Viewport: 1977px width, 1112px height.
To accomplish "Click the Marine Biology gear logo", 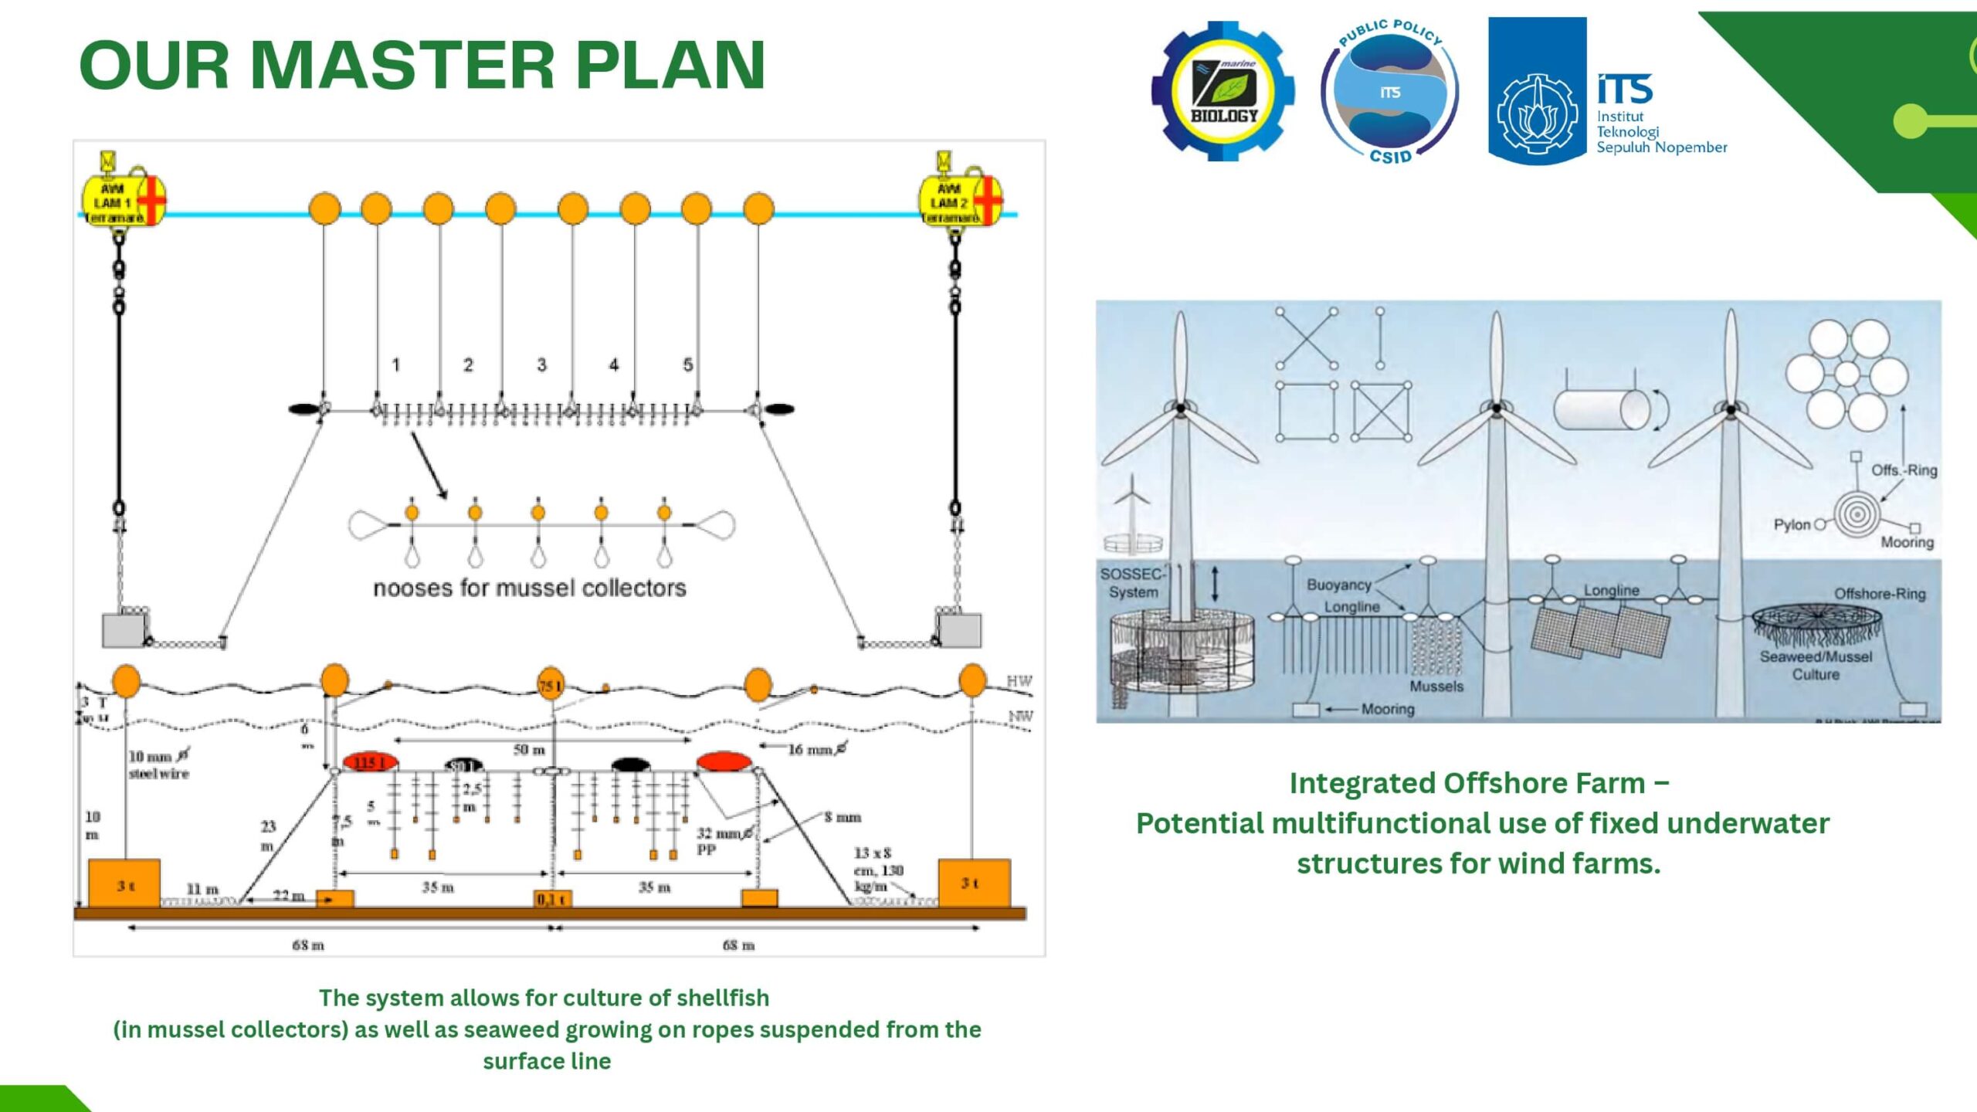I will [x=1223, y=91].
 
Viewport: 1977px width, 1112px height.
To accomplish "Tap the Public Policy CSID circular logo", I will [x=1390, y=91].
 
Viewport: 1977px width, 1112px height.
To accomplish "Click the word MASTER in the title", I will [x=402, y=65].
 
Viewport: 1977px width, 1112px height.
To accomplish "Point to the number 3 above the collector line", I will [x=541, y=364].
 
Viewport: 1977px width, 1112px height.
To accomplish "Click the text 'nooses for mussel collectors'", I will [x=529, y=588].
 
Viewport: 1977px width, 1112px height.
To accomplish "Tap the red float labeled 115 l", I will [x=371, y=762].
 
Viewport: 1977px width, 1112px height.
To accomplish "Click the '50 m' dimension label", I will [x=529, y=750].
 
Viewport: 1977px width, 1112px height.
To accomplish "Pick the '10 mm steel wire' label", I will [x=158, y=764].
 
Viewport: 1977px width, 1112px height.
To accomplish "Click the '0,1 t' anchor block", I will [x=552, y=899].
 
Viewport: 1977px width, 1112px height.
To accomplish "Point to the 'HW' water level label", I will [x=1019, y=681].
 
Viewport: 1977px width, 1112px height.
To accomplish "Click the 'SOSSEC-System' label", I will [x=1132, y=583].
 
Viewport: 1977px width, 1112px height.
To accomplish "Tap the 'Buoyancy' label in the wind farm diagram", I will [x=1338, y=585].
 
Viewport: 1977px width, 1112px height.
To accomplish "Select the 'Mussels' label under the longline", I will [x=1436, y=686].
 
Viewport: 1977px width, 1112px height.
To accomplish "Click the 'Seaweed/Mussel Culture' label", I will [x=1816, y=665].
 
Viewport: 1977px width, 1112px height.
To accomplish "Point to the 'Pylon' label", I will [x=1792, y=525].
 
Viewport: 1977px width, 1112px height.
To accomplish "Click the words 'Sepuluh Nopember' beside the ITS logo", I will [x=1661, y=147].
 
